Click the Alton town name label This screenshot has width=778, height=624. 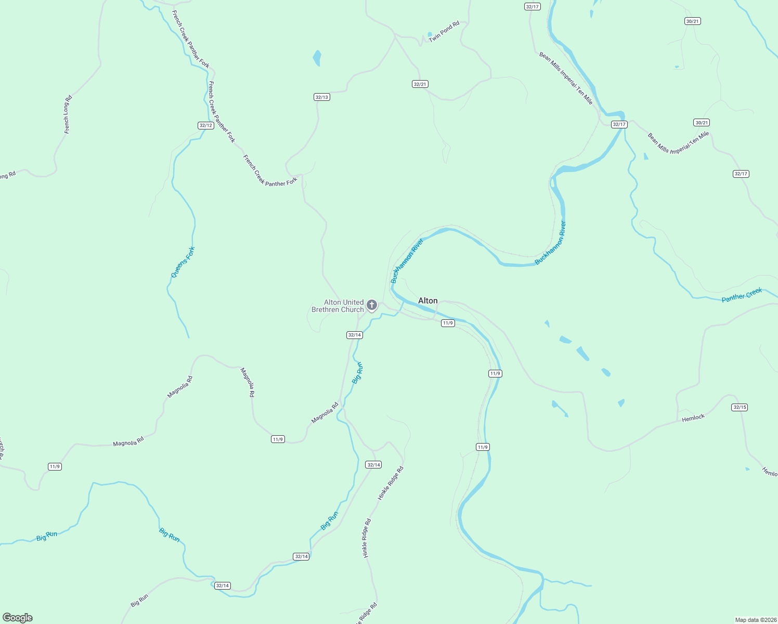tap(427, 301)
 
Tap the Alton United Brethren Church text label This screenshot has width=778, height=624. tap(338, 306)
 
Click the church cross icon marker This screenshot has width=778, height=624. tap(372, 305)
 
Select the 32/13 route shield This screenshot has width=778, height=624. tap(322, 97)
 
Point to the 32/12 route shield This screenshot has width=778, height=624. tap(206, 125)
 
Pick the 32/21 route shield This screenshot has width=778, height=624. tap(420, 84)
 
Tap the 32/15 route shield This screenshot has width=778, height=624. tap(740, 407)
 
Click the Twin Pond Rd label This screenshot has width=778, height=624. tap(444, 31)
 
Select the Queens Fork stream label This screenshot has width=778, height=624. tap(183, 262)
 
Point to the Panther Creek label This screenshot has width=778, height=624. tap(742, 295)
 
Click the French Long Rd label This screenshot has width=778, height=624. tap(68, 115)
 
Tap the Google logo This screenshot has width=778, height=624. tap(18, 618)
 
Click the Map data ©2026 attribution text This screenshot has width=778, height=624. tap(755, 620)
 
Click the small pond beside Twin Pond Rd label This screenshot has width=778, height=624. tap(430, 35)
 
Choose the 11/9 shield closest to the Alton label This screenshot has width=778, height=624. tap(448, 323)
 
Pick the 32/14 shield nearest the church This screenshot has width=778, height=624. tap(354, 335)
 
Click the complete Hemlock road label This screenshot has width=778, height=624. tap(693, 418)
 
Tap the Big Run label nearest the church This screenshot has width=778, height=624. tap(357, 373)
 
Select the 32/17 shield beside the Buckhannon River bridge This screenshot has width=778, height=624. tap(619, 124)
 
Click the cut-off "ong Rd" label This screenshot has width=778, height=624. tap(7, 176)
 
